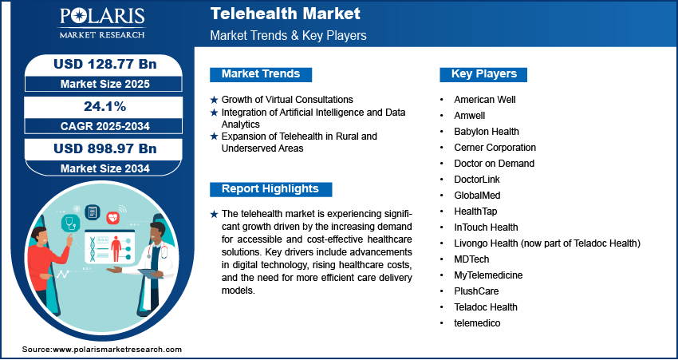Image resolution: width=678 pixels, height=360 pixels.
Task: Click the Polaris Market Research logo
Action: [x=102, y=23]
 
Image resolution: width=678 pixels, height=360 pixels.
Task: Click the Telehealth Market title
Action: [x=286, y=14]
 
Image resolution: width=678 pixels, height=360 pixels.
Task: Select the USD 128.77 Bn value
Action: [x=105, y=65]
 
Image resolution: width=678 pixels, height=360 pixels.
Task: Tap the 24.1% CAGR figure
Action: [x=105, y=107]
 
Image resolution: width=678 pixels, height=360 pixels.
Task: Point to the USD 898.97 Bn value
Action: [x=105, y=148]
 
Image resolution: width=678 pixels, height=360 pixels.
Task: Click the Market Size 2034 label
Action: [x=105, y=168]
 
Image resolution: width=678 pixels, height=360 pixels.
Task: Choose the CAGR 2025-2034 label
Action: [x=105, y=126]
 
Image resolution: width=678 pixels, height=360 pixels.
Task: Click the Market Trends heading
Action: [x=261, y=74]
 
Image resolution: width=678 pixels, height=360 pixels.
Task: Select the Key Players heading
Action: [x=484, y=74]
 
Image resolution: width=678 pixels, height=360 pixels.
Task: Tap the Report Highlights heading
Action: [x=270, y=189]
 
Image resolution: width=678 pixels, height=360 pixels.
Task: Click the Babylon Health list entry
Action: [x=487, y=132]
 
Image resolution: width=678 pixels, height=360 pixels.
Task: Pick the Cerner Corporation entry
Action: [x=495, y=148]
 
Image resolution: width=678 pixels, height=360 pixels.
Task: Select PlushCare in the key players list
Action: [x=476, y=291]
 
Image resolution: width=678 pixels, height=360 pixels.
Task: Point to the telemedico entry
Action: [x=477, y=322]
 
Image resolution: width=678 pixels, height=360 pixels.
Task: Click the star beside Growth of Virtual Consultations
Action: [x=214, y=100]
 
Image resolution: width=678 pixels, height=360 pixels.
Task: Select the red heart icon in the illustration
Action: [x=112, y=217]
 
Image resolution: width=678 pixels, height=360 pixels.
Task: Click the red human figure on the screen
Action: [x=116, y=249]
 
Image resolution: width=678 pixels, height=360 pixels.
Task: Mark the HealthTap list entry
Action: [x=475, y=212]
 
